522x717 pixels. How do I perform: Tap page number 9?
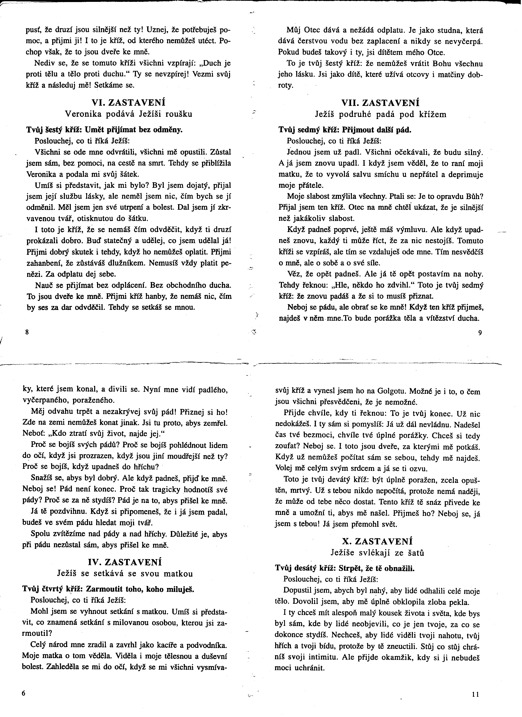coord(480,333)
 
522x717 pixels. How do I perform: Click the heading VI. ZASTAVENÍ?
coord(128,103)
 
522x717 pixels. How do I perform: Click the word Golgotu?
coord(391,391)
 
